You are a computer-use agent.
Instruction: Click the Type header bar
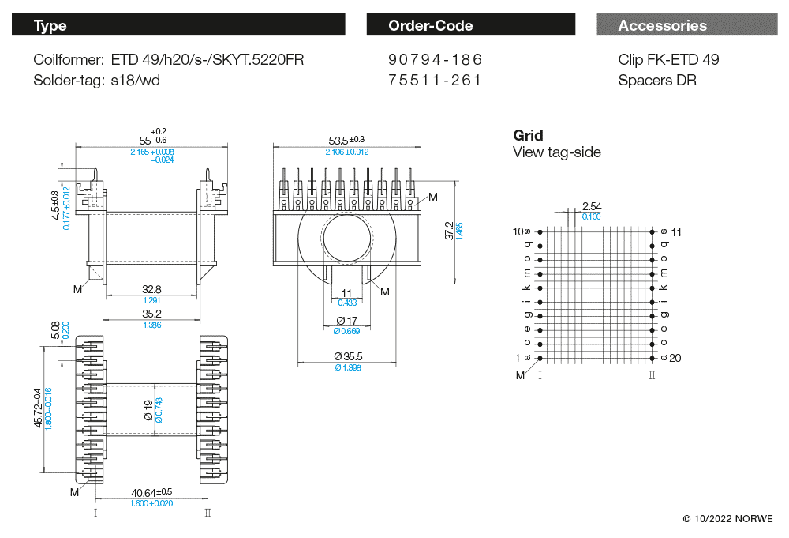click(x=178, y=25)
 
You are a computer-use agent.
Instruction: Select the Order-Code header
click(x=470, y=25)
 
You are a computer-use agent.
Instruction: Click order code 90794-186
click(x=436, y=60)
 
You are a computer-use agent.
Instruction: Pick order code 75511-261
click(x=436, y=80)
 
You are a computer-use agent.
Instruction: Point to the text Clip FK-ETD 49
click(x=668, y=60)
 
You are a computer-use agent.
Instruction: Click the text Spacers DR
click(x=657, y=80)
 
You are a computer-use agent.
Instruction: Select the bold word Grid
click(x=528, y=135)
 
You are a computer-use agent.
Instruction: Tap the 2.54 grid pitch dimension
click(x=591, y=206)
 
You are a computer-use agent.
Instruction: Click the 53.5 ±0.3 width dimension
click(x=346, y=140)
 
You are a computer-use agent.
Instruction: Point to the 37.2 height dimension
click(x=449, y=231)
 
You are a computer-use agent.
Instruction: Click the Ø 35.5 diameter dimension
click(x=347, y=356)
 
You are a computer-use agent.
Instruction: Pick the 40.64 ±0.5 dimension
click(x=151, y=492)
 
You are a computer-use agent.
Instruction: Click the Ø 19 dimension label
click(x=148, y=408)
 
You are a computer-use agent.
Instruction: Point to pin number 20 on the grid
click(x=675, y=358)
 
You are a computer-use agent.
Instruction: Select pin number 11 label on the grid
click(x=675, y=231)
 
